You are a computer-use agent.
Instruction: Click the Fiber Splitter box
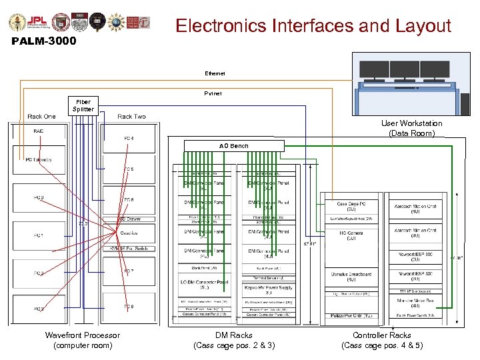click(85, 105)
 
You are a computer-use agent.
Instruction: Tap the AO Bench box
click(234, 145)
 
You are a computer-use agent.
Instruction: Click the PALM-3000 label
click(45, 41)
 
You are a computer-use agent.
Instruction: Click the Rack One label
click(41, 117)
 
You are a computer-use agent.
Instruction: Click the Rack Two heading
click(131, 117)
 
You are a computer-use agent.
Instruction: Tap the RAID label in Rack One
click(39, 131)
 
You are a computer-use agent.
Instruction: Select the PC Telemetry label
click(39, 160)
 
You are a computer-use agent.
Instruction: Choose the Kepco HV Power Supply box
click(269, 289)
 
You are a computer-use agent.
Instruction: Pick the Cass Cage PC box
click(351, 207)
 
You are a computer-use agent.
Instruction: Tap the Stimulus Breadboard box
click(351, 277)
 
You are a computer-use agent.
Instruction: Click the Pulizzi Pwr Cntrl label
click(351, 315)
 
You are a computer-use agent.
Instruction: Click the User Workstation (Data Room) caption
click(411, 129)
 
